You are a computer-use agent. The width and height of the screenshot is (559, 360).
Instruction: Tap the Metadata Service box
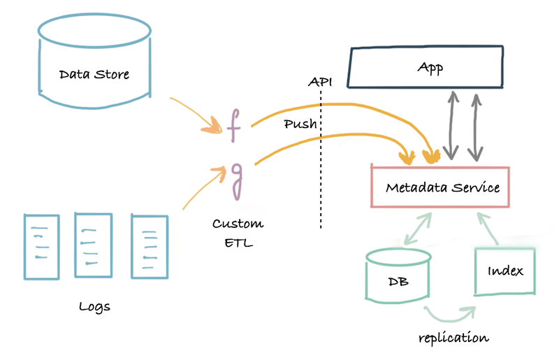tap(442, 187)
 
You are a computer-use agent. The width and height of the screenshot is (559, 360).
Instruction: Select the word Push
tap(300, 125)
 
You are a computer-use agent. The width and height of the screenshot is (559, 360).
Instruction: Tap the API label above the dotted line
tap(320, 82)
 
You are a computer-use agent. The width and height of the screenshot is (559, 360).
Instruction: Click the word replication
tap(453, 338)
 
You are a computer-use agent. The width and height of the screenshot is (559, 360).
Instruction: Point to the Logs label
tap(95, 306)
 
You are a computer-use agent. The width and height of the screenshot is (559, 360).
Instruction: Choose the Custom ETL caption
tap(238, 233)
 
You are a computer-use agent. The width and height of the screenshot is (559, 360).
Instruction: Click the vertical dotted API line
tap(321, 175)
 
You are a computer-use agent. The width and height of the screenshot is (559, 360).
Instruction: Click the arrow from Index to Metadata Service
tap(490, 226)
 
